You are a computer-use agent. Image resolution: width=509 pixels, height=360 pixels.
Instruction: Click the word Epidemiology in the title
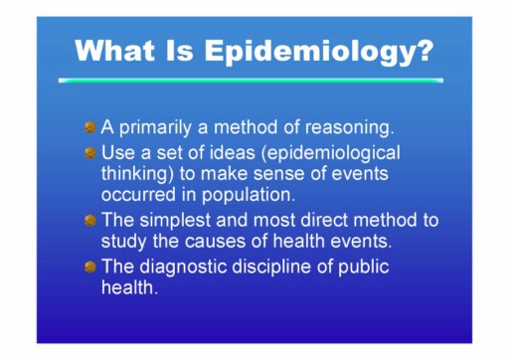pyautogui.click(x=319, y=52)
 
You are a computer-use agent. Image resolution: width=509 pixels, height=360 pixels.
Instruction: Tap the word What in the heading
pyautogui.click(x=114, y=51)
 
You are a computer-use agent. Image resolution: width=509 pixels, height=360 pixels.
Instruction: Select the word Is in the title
pyautogui.click(x=179, y=51)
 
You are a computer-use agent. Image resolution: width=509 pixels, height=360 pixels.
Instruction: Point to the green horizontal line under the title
pyautogui.click(x=251, y=81)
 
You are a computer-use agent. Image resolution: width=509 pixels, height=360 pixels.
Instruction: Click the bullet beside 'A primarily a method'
pyautogui.click(x=90, y=127)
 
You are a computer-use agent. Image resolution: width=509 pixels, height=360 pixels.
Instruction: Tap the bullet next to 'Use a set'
pyautogui.click(x=90, y=153)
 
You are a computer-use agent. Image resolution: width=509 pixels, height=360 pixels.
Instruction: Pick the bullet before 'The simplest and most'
pyautogui.click(x=90, y=220)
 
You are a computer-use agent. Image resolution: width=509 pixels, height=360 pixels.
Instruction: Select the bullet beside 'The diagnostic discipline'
pyautogui.click(x=90, y=267)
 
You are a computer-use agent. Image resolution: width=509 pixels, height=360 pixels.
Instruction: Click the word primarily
pyautogui.click(x=155, y=128)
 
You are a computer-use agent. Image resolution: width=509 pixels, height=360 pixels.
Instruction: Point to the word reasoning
pyautogui.click(x=349, y=128)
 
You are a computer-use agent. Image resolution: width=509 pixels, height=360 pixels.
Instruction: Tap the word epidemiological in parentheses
pyautogui.click(x=333, y=154)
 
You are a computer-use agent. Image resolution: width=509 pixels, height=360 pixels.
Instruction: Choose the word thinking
pyautogui.click(x=137, y=174)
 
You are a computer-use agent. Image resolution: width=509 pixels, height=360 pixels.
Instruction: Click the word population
pyautogui.click(x=249, y=195)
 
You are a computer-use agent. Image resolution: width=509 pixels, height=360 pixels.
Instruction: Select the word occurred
pyautogui.click(x=138, y=195)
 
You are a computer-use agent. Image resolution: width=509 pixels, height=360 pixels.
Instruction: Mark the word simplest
pyautogui.click(x=175, y=221)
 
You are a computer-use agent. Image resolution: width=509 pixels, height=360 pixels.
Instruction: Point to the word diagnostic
pyautogui.click(x=183, y=268)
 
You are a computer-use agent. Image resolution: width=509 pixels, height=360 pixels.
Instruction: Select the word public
pyautogui.click(x=363, y=268)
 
